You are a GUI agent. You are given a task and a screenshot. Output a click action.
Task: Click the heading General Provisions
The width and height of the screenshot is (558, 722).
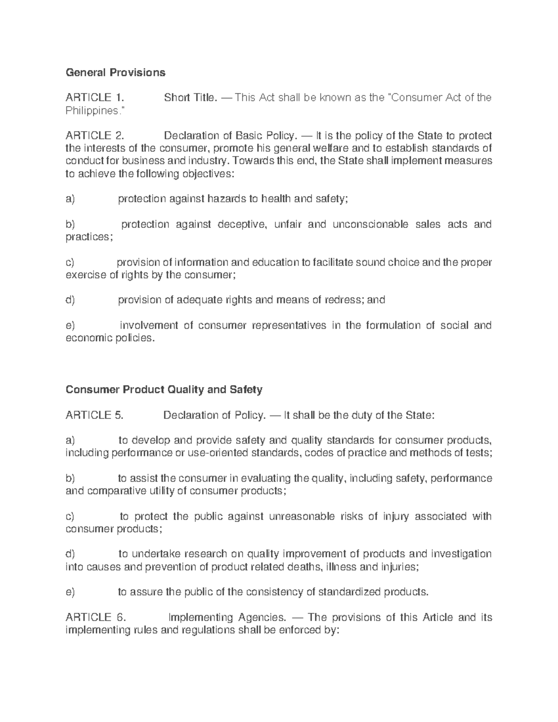[x=115, y=73]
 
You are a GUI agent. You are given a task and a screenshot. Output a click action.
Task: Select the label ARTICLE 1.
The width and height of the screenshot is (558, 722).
[x=95, y=98]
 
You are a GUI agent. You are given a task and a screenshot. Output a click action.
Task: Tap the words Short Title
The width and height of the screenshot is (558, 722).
[x=190, y=98]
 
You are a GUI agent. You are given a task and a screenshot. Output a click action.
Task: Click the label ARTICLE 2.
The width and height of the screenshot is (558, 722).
[x=95, y=136]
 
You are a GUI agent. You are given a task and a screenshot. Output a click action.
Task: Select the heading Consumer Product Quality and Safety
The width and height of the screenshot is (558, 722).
[x=164, y=390]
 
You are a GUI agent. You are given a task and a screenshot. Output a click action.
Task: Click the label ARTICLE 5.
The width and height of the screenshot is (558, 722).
[x=94, y=415]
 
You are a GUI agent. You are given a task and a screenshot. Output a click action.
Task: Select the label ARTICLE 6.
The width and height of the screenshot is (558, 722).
[x=95, y=617]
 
